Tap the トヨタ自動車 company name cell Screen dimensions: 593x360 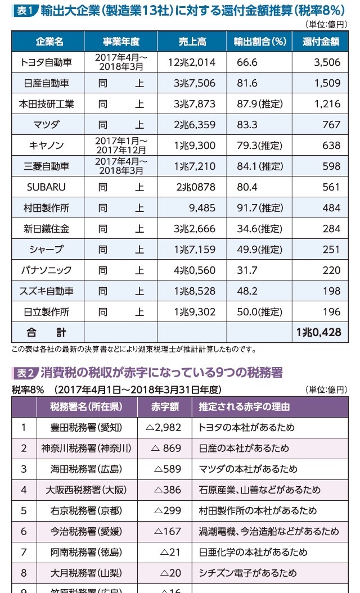coord(47,62)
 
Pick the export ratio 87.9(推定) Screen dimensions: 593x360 coord(259,104)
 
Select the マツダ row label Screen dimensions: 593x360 coord(47,125)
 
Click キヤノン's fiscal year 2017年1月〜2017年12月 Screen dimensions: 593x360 coord(121,146)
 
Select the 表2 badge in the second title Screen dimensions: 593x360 coord(25,373)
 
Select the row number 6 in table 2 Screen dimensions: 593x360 coord(24,531)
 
